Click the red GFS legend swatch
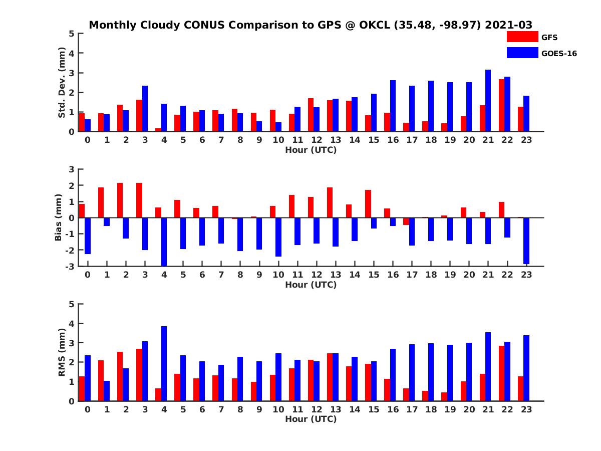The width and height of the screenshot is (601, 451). click(x=522, y=37)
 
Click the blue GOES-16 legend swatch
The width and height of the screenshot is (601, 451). click(x=522, y=53)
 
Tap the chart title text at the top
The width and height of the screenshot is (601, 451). click(x=311, y=25)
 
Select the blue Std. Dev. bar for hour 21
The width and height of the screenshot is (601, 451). click(x=488, y=101)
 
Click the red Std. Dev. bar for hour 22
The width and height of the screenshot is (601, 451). click(x=501, y=105)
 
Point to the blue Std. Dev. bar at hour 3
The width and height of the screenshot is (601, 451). click(x=145, y=109)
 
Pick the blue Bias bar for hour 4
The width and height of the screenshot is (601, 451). click(x=164, y=242)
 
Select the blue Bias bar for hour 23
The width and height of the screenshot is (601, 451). click(x=526, y=241)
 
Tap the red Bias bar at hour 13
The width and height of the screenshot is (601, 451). click(x=330, y=202)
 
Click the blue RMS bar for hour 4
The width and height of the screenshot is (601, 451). click(x=164, y=363)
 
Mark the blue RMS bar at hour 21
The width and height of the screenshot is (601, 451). click(x=488, y=366)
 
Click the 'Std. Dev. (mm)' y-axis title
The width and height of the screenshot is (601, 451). click(x=62, y=83)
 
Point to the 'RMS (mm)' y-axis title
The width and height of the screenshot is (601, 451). click(x=62, y=352)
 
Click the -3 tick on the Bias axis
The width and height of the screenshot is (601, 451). click(x=71, y=266)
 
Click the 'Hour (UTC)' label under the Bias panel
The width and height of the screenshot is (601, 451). click(x=311, y=285)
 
